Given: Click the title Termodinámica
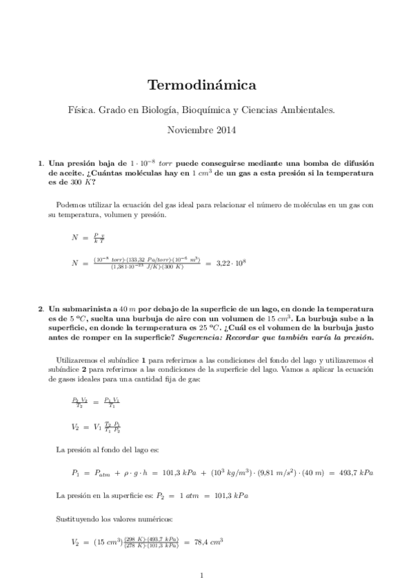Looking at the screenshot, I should (x=202, y=85).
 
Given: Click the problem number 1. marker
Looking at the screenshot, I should (x=41, y=163).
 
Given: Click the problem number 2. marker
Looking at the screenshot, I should (x=41, y=309).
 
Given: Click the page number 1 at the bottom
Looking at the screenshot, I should (x=201, y=574).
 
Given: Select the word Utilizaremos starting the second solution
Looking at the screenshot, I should (x=75, y=359).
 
